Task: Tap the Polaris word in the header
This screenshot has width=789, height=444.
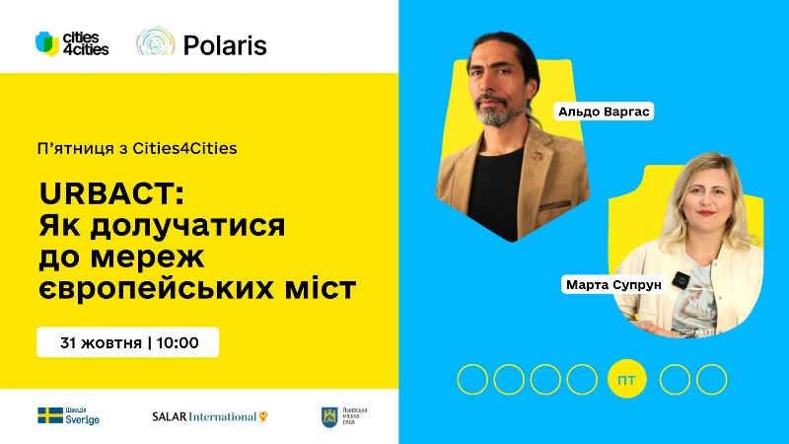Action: click(x=225, y=44)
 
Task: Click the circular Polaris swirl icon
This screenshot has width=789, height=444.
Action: click(x=155, y=43)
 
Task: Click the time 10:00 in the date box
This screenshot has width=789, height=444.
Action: click(x=179, y=343)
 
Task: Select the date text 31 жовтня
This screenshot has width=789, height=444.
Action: click(x=99, y=343)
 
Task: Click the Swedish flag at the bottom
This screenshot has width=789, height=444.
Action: click(x=49, y=415)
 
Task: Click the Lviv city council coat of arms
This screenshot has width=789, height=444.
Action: click(x=329, y=416)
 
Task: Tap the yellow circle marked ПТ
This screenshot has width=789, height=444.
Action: click(x=625, y=379)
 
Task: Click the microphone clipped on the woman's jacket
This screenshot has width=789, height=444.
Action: click(x=680, y=280)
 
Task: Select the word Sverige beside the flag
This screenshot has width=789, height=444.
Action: click(x=83, y=420)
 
